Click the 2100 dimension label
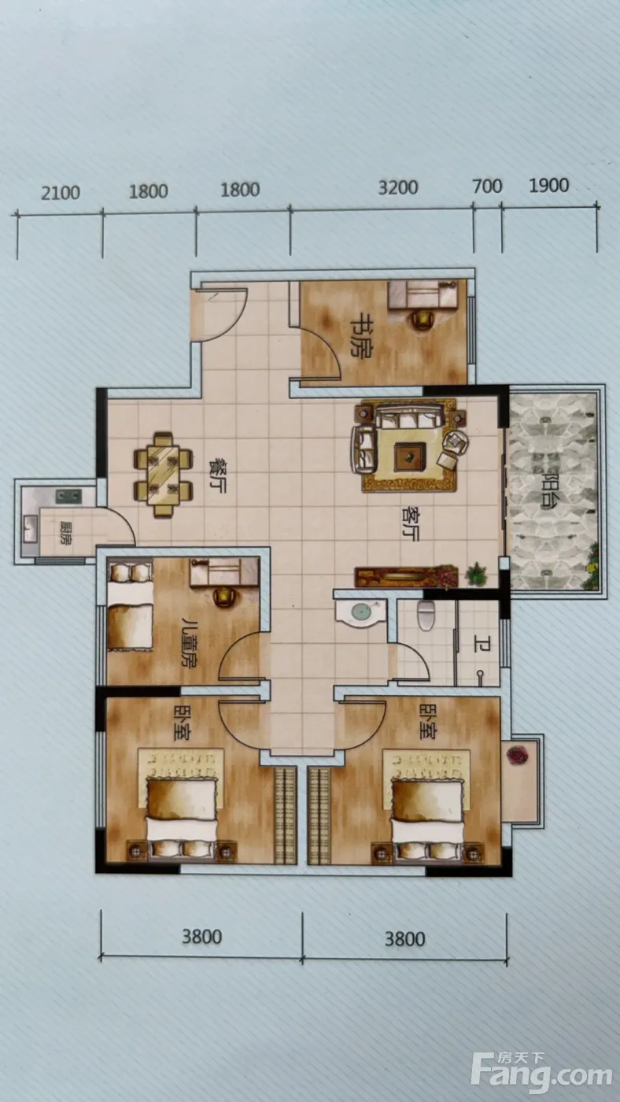tap(60, 192)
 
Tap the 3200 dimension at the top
tap(398, 187)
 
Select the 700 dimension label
tap(487, 186)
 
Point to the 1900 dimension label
tap(548, 185)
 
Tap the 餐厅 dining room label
tap(216, 475)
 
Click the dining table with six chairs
tap(163, 475)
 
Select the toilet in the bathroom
tap(426, 615)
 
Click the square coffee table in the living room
tap(410, 457)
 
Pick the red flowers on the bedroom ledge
tap(517, 756)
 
